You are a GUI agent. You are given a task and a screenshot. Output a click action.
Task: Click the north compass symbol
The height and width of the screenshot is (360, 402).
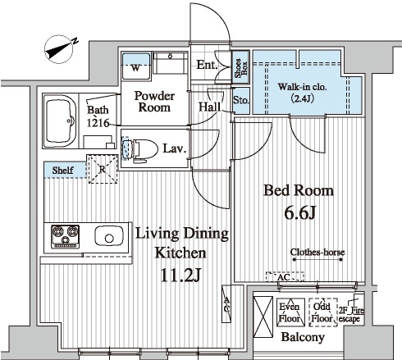point(60,49)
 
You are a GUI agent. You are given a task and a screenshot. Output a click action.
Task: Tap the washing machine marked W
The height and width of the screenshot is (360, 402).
point(136,66)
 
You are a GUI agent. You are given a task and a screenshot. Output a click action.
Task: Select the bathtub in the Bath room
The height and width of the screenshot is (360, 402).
point(61,121)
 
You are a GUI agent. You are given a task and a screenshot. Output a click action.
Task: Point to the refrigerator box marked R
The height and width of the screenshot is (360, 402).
point(103,169)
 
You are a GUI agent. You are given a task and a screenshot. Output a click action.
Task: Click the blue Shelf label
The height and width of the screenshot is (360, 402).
point(62,171)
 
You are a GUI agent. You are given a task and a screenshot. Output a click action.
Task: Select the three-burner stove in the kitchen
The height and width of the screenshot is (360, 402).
point(65,236)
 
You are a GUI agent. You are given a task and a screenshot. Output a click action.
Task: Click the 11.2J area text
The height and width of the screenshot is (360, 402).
point(180,275)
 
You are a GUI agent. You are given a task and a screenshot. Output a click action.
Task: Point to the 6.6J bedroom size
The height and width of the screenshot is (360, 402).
point(300,212)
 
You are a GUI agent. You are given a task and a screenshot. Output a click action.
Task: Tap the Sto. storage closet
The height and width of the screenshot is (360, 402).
point(241,100)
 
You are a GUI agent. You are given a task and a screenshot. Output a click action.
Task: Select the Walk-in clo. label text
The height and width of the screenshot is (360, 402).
point(303,87)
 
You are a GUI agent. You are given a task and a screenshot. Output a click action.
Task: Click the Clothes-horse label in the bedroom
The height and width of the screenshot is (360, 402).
point(317,252)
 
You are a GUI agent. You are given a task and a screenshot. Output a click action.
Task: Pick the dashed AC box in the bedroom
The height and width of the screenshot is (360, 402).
point(285,277)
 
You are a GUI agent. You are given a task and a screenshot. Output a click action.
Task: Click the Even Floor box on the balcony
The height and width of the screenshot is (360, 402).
point(290,312)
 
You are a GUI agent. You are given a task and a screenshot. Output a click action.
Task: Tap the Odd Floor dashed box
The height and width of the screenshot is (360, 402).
point(323,312)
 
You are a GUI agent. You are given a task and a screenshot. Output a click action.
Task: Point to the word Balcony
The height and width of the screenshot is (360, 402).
point(303,337)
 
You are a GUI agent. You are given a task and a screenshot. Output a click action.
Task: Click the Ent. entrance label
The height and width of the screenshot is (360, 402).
point(207,65)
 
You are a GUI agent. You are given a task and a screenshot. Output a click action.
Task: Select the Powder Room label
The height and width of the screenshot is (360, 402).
point(154,102)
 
